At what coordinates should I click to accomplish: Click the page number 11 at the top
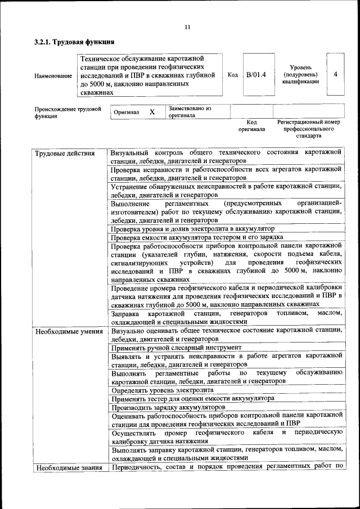[x=187, y=27]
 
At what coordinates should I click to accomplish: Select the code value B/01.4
[x=255, y=74]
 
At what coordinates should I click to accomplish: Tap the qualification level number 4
[x=335, y=74]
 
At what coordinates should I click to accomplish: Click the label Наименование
[x=53, y=75]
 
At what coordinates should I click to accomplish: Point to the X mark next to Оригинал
[x=152, y=112]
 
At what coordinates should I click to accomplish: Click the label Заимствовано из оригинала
[x=190, y=111]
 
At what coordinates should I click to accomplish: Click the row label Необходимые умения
[x=66, y=331]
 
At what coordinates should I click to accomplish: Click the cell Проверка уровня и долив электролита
[x=192, y=229]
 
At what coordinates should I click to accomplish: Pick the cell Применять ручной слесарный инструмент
[x=176, y=348]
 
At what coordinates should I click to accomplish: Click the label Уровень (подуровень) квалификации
[x=300, y=74]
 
